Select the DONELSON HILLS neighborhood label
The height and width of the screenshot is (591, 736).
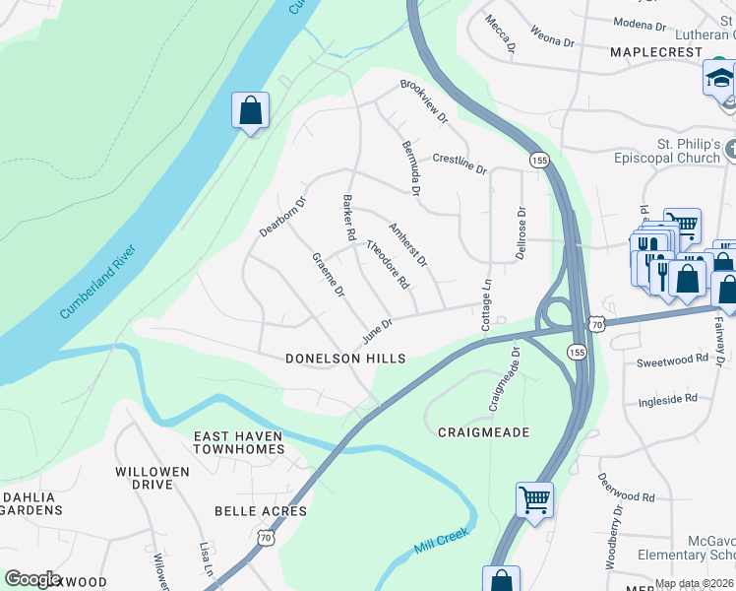[344, 360]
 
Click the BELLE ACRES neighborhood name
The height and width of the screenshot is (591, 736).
[261, 511]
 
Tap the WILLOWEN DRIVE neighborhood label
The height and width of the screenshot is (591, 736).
[152, 479]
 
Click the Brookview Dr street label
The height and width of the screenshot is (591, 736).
[424, 100]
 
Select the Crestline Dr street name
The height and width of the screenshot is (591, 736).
[460, 163]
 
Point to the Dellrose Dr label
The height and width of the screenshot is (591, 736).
[521, 232]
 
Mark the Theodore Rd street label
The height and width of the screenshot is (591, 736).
[388, 265]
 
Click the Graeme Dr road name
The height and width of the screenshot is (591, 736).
[328, 275]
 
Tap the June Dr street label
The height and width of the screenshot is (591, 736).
[377, 329]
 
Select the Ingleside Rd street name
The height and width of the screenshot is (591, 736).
[667, 399]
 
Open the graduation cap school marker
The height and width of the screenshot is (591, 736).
[719, 77]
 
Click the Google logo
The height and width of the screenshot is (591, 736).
[32, 579]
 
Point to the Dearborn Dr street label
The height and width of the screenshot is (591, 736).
[283, 217]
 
